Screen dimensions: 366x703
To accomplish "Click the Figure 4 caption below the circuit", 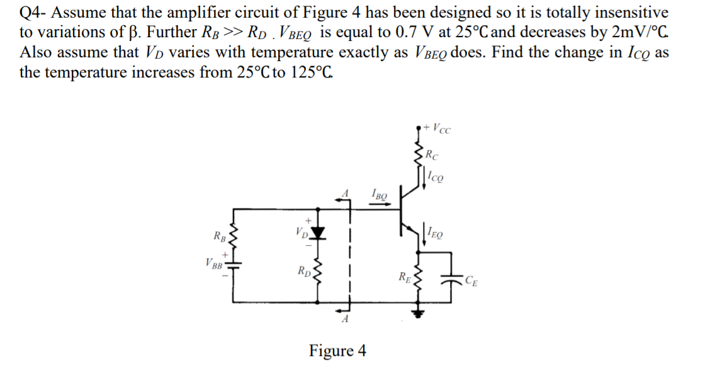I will tap(337, 350).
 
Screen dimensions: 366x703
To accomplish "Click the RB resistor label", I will tap(220, 237).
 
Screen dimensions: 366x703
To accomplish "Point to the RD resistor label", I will tap(305, 272).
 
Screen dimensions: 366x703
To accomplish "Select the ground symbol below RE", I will tap(415, 312).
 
